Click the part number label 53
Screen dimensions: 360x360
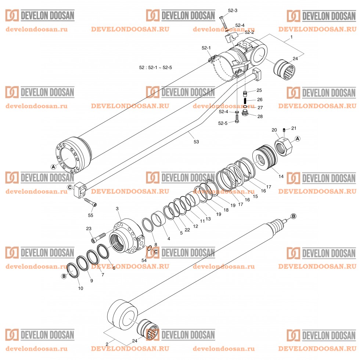click(x=196, y=141)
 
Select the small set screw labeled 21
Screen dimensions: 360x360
click(x=284, y=130)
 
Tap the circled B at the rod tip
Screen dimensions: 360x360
click(x=293, y=216)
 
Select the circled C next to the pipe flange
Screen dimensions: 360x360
click(x=70, y=187)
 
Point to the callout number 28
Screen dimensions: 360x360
click(x=260, y=116)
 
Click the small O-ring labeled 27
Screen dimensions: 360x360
click(x=245, y=107)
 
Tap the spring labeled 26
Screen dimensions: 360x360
click(x=245, y=99)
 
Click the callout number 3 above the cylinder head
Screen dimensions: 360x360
click(x=117, y=209)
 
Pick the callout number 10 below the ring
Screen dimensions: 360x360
click(x=80, y=288)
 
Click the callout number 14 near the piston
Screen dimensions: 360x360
click(x=281, y=176)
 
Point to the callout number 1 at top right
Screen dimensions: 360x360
click(x=291, y=37)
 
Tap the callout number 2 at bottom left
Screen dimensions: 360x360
click(x=107, y=344)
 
